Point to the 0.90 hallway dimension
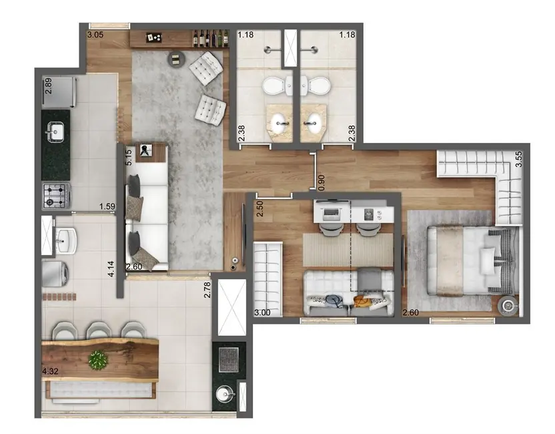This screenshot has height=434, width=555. (322, 181)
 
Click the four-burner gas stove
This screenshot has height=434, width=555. (56, 196)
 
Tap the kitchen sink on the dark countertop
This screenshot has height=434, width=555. (56, 132)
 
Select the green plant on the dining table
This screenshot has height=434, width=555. (98, 360)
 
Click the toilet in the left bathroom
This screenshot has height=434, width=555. (274, 85)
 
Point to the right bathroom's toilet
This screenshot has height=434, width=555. (316, 85)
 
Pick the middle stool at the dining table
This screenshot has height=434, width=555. (98, 330)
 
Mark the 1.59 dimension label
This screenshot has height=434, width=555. (107, 207)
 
